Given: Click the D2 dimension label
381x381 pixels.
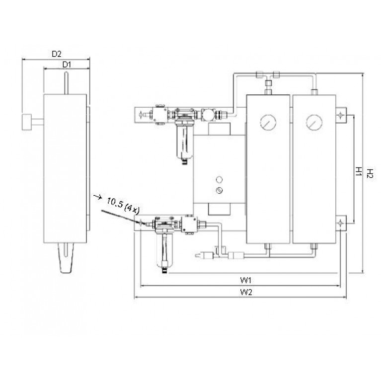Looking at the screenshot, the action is (x=57, y=54).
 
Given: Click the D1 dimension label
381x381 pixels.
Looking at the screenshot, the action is (x=67, y=65).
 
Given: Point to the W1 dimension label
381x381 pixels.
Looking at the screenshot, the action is (x=246, y=280).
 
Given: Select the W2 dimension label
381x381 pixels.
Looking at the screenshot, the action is (x=246, y=292).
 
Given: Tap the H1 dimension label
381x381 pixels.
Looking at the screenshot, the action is (x=359, y=171).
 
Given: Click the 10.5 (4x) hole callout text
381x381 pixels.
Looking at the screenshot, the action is (x=123, y=206).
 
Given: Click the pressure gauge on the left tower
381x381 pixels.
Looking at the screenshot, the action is (x=268, y=122).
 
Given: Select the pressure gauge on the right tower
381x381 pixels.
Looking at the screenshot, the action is (x=314, y=122).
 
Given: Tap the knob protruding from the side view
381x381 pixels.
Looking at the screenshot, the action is (x=26, y=122).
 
